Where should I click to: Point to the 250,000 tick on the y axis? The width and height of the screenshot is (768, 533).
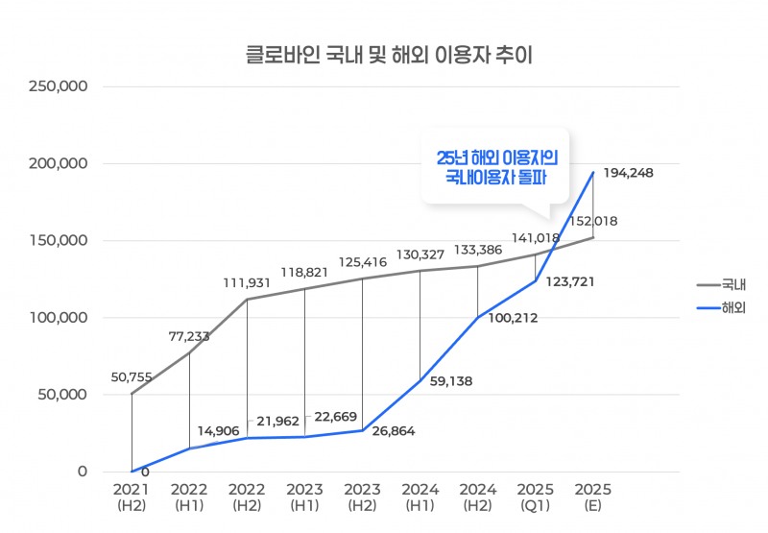tap(60, 86)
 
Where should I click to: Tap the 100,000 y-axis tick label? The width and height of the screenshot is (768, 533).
tap(60, 318)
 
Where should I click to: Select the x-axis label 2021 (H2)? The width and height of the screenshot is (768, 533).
tap(132, 497)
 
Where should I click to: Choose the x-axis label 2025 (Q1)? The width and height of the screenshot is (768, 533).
tap(535, 497)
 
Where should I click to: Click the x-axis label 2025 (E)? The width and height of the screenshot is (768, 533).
tap(592, 497)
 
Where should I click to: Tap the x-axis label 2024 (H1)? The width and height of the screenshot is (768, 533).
tap(420, 497)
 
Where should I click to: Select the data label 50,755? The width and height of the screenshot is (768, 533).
tap(132, 377)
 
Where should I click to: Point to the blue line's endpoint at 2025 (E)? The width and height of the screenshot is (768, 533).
tap(592, 173)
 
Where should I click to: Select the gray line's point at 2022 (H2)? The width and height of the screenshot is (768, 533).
tap(247, 300)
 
